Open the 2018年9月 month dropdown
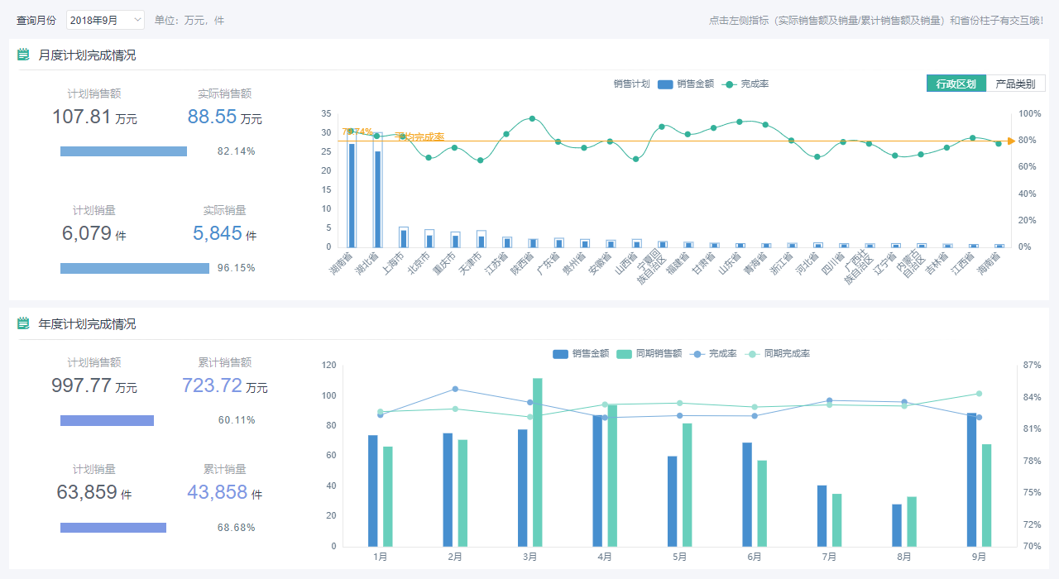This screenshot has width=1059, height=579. click(105, 20)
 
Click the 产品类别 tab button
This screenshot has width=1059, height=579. click(1015, 84)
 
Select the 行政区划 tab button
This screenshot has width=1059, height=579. click(956, 84)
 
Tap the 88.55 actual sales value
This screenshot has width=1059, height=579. click(213, 117)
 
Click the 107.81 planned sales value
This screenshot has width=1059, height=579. click(82, 117)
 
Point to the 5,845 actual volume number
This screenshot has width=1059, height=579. click(218, 234)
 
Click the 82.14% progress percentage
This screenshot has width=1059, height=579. click(236, 151)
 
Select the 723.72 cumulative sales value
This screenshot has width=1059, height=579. click(212, 385)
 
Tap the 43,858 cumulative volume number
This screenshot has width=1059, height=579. click(218, 493)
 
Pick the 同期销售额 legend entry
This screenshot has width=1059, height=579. click(651, 353)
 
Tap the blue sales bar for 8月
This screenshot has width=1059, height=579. click(897, 524)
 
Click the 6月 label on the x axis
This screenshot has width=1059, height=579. click(755, 557)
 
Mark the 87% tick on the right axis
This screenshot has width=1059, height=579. click(1031, 365)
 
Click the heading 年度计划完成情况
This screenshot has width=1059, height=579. click(87, 324)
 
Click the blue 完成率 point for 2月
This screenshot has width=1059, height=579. click(455, 389)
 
